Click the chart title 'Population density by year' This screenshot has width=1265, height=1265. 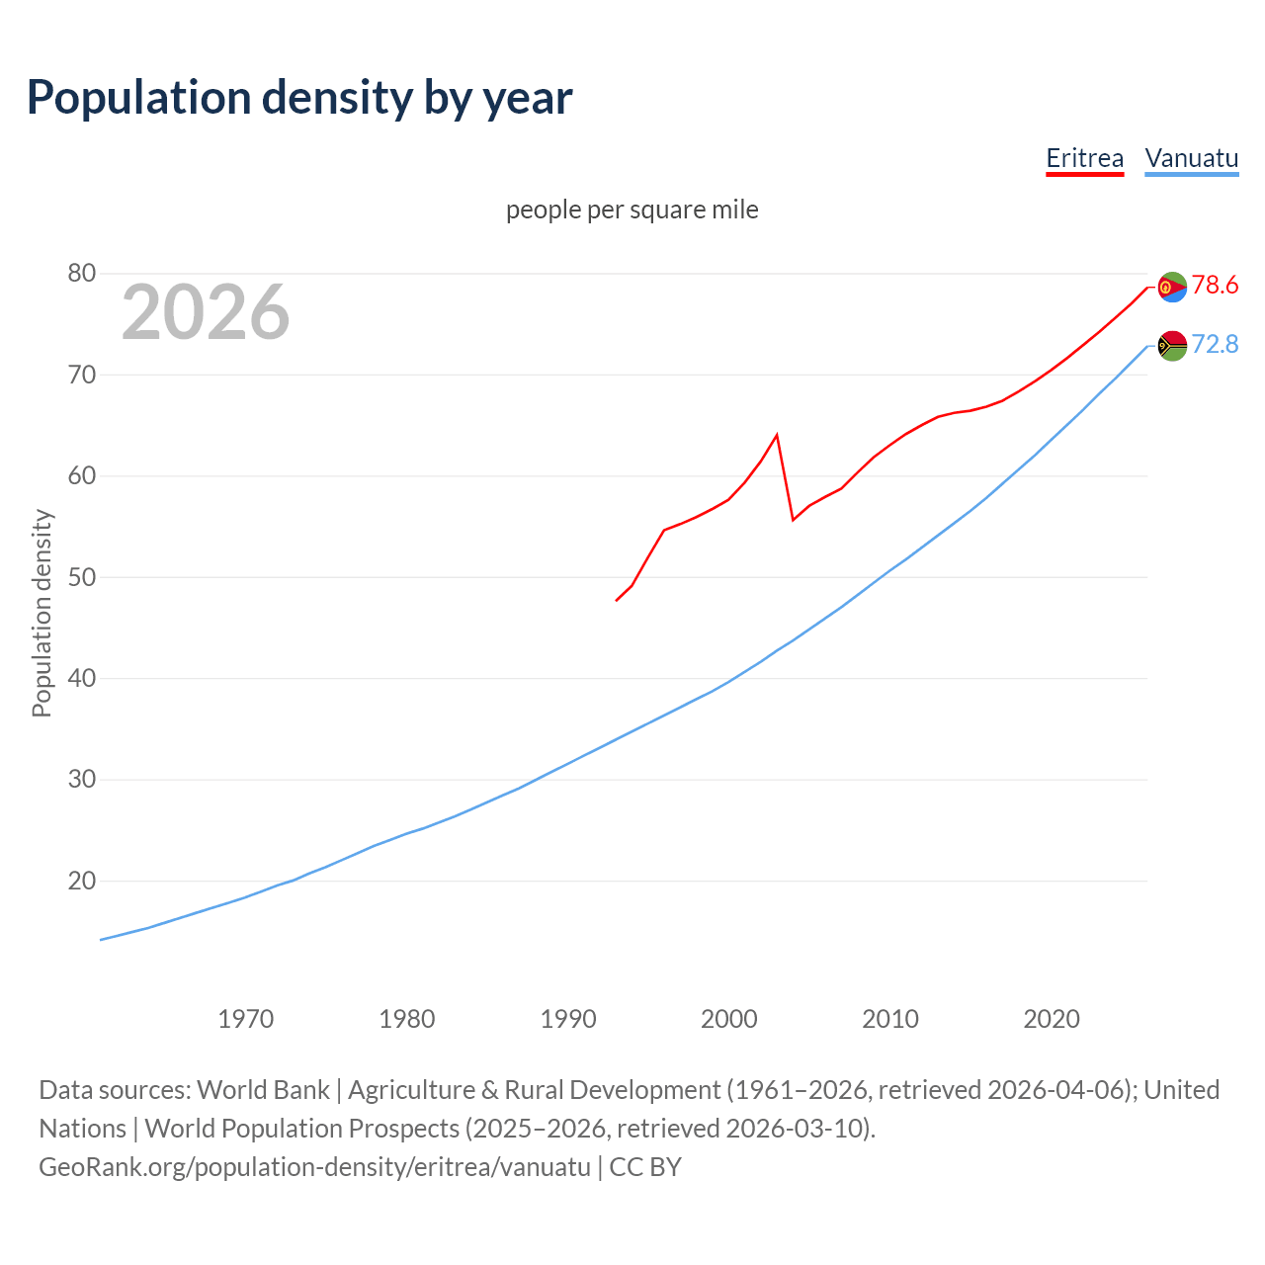click(299, 98)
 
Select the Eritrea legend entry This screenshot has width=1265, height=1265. click(1084, 158)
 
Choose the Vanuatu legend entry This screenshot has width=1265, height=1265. click(1191, 158)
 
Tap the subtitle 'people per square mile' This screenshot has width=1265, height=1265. click(632, 210)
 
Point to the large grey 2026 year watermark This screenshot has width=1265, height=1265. click(206, 312)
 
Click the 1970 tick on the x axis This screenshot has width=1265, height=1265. click(245, 1018)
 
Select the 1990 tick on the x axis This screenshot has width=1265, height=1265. click(567, 1018)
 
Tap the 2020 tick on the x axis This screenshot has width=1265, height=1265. click(1051, 1018)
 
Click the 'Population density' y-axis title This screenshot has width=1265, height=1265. click(42, 613)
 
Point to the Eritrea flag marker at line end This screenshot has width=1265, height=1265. click(1172, 287)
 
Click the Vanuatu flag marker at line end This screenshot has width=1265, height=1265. click(1172, 346)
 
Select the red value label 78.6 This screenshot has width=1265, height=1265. click(1215, 286)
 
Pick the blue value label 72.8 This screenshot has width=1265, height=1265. click(1215, 344)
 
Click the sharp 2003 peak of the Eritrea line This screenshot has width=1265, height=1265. click(777, 435)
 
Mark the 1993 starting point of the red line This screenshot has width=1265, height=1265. click(617, 600)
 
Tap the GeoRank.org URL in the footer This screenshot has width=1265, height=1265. click(314, 1167)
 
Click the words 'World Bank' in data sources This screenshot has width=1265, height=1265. click(263, 1090)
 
